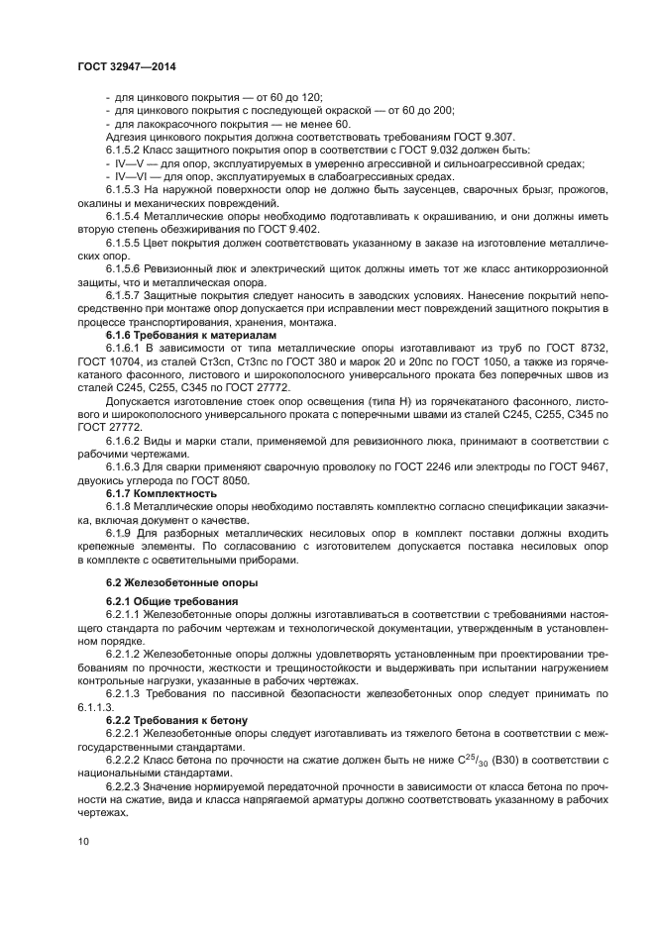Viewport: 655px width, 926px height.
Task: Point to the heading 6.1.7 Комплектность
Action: [x=161, y=492]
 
